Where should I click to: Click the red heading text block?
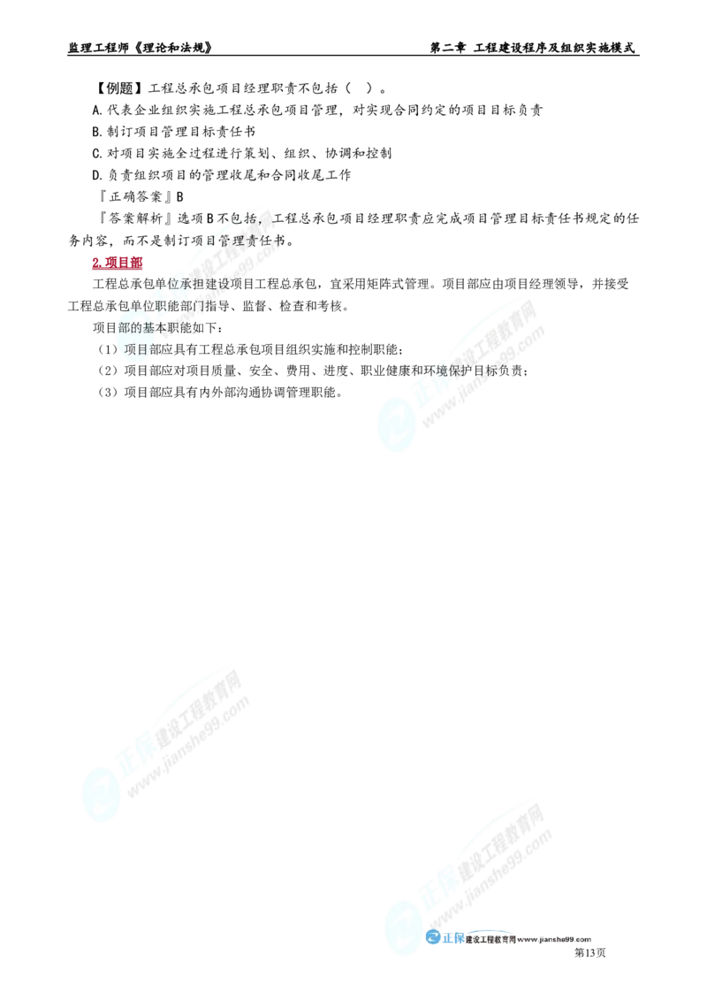coord(117,264)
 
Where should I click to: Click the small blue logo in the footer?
coord(445,938)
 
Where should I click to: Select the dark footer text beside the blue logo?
coord(530,940)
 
